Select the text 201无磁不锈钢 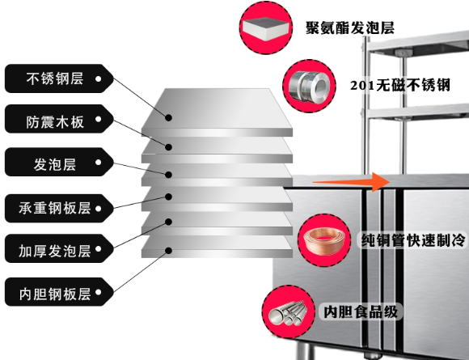coord(399,84)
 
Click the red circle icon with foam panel coord(264,27)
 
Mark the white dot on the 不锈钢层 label coord(99,79)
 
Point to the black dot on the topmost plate coord(170,116)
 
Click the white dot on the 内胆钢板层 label coord(99,290)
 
